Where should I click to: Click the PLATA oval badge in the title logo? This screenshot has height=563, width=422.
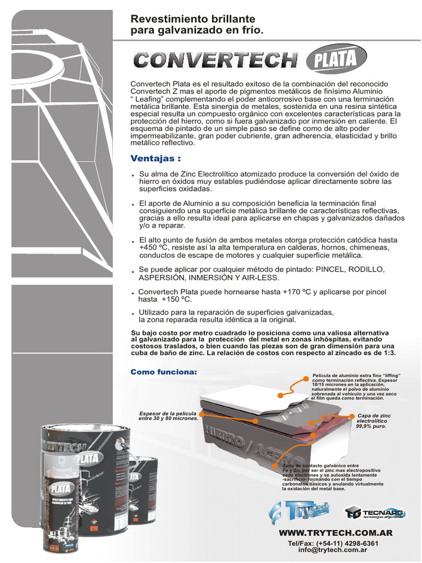(332, 59)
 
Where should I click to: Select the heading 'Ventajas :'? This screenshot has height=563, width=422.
(156, 159)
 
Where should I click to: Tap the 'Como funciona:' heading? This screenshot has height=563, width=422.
(163, 372)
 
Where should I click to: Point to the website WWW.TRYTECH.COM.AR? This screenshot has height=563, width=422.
(336, 533)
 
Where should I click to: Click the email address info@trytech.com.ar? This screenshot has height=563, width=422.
(333, 549)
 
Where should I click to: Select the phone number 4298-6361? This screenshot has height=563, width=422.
(360, 543)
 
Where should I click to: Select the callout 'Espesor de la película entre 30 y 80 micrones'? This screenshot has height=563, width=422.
(168, 416)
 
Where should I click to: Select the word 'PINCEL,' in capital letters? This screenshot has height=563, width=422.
(329, 270)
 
